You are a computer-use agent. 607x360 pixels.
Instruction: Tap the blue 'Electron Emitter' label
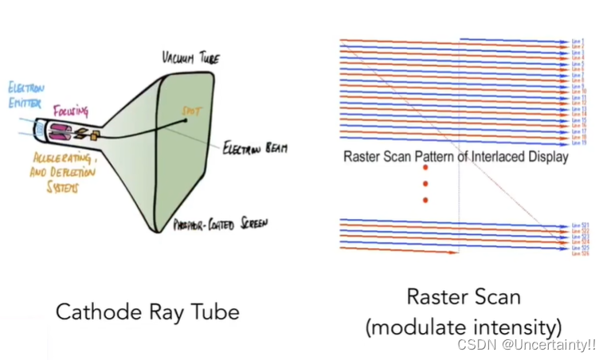tap(25, 94)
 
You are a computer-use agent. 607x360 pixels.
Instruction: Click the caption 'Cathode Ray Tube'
tap(147, 311)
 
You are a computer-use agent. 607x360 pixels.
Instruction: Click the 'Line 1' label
tap(578, 41)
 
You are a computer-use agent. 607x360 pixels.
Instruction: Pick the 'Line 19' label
tap(578, 143)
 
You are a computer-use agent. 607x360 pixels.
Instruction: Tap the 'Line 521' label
tap(578, 225)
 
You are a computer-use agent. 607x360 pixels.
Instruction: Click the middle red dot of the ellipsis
tap(425, 184)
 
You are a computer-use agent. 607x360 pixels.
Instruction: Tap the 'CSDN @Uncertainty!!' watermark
tap(527, 344)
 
